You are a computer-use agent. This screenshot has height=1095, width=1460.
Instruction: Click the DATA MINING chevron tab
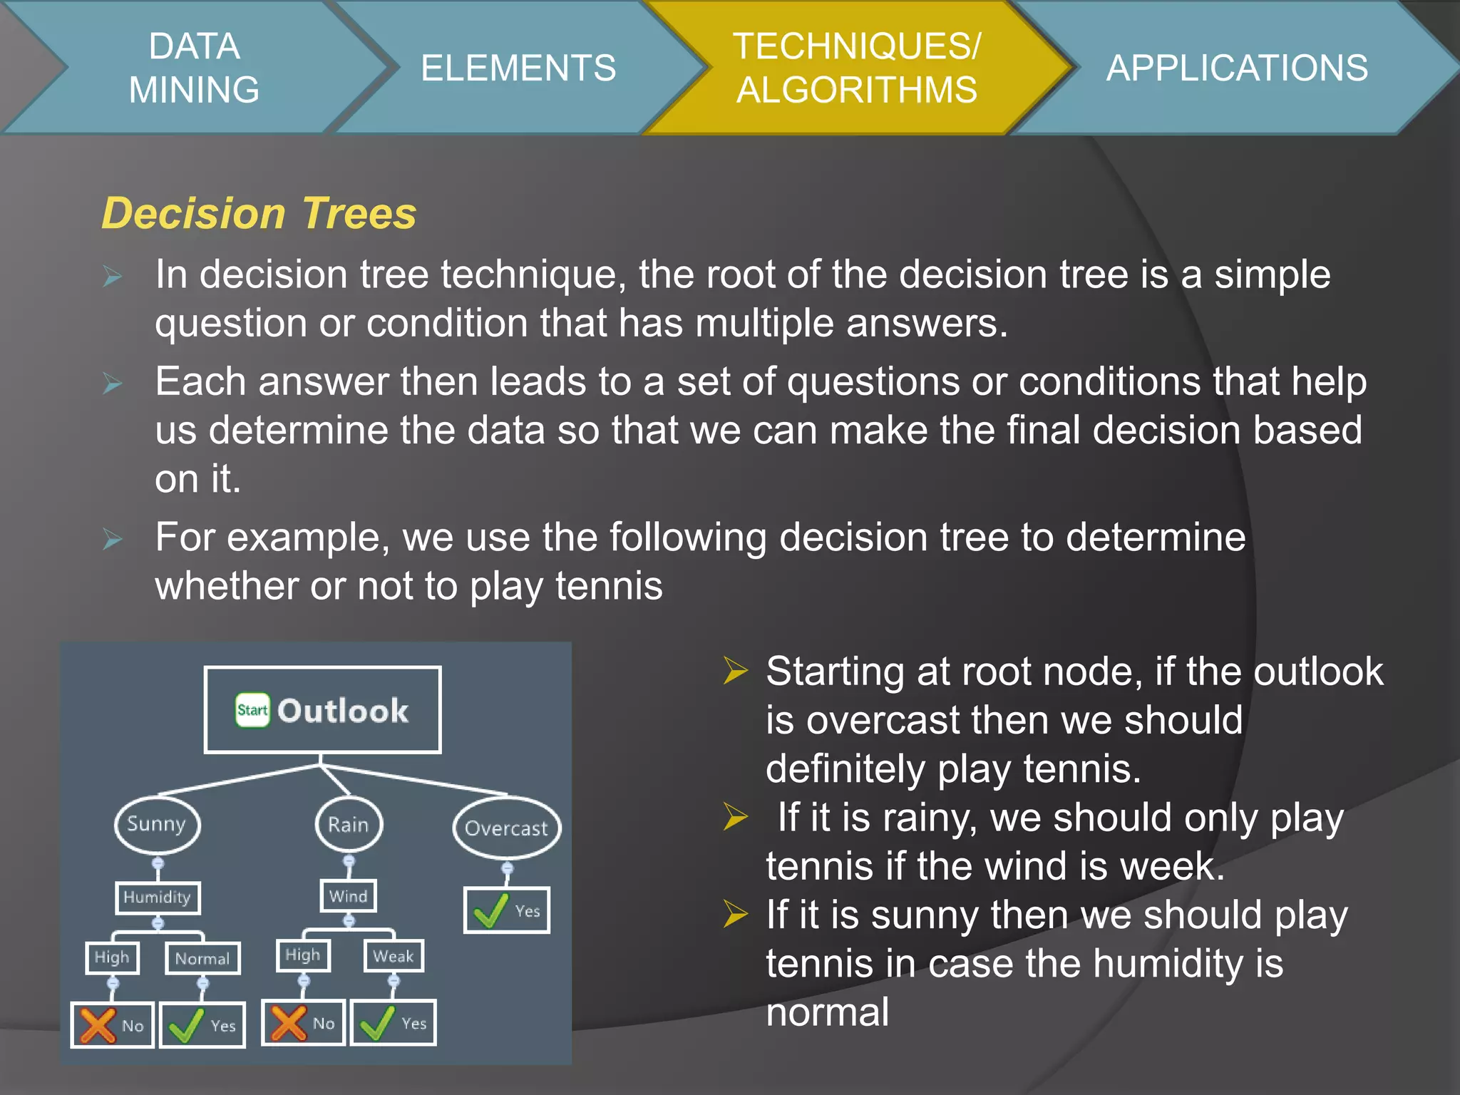194,68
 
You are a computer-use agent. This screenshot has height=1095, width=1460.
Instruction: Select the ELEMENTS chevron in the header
518,68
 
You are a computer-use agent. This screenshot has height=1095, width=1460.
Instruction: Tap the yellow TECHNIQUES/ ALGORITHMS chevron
856,68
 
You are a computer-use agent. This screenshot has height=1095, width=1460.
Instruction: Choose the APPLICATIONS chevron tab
1237,68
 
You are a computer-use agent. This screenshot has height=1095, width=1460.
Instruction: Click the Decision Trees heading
259,213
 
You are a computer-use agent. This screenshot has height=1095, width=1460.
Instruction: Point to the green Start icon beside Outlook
252,710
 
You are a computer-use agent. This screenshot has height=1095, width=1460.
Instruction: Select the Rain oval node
349,825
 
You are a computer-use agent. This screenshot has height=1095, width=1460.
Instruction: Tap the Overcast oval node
507,828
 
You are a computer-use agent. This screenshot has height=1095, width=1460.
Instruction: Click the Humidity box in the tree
158,897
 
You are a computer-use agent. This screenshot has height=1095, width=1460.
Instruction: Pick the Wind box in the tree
348,896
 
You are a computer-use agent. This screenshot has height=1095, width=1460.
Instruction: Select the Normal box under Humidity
202,958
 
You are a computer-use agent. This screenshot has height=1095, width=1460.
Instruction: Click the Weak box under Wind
394,956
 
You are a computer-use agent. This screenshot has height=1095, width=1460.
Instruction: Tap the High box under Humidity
112,957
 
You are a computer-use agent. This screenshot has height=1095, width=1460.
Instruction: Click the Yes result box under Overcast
507,910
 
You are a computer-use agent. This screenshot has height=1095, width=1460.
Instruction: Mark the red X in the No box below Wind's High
288,1023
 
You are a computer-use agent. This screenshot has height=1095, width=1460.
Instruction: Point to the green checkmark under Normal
186,1026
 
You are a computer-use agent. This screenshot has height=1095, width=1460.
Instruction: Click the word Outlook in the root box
343,711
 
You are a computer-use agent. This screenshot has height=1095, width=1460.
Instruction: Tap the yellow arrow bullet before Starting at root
735,671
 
